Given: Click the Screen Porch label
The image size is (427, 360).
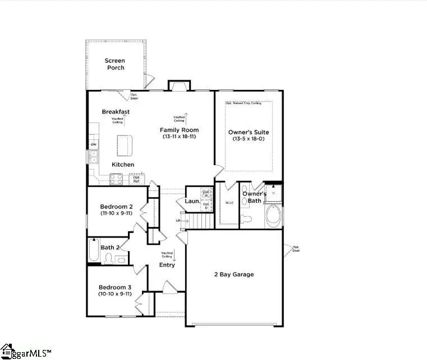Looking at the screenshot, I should (114, 64).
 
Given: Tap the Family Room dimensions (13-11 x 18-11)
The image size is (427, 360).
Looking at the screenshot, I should (180, 136).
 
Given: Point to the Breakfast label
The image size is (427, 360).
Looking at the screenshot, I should (116, 112).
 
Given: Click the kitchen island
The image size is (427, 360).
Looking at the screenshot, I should (125, 145).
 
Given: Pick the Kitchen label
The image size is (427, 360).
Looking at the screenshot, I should (123, 165).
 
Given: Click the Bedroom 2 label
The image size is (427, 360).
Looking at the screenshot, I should (116, 206).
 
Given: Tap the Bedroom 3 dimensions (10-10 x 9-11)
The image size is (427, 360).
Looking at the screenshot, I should (115, 294).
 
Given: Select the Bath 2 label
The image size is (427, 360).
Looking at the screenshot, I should (110, 247).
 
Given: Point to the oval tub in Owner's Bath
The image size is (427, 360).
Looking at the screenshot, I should (274, 217).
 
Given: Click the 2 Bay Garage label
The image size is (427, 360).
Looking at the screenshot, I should (234, 275).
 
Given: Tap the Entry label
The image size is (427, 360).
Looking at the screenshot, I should (167, 265).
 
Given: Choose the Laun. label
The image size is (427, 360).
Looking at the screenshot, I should (192, 200).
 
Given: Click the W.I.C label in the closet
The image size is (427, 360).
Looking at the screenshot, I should (229, 203).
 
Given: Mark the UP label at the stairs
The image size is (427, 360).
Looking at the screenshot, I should (178, 221).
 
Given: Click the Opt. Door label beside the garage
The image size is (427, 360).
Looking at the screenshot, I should (296, 249).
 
